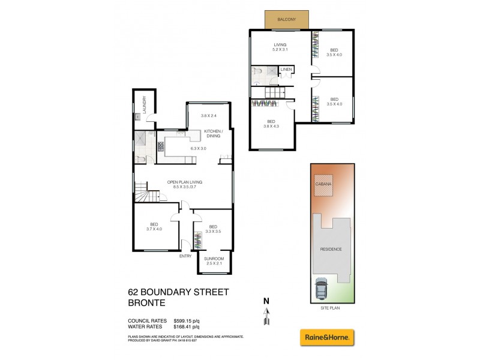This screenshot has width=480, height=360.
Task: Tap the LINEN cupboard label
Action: [x=286, y=70]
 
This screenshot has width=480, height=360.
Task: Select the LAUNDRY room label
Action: [x=145, y=106]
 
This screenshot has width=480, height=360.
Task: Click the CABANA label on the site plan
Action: [x=324, y=185]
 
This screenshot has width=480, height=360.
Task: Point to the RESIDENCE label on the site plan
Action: [x=331, y=249]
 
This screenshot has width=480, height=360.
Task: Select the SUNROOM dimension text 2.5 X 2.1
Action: [x=214, y=263]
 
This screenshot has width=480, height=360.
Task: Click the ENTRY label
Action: [x=185, y=256]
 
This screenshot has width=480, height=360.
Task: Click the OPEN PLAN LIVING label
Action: [x=184, y=182]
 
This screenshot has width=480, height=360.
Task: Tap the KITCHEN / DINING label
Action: [x=213, y=134]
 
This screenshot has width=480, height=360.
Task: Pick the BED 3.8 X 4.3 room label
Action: [x=272, y=123]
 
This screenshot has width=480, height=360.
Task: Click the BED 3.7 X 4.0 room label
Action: [x=153, y=226]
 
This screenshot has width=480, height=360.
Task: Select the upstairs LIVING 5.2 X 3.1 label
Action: [x=280, y=47]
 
